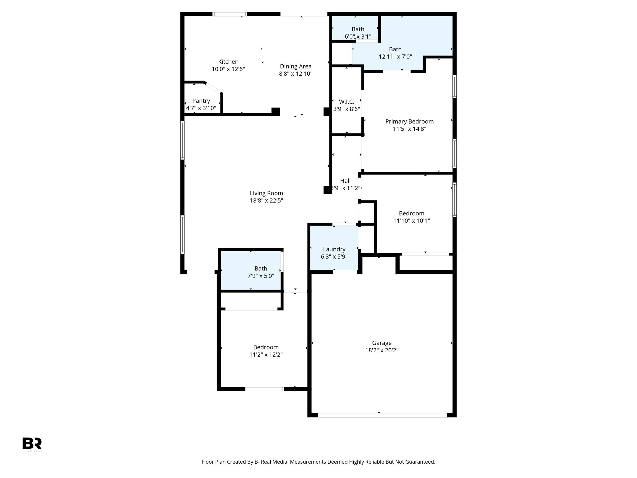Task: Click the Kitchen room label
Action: (x=228, y=62)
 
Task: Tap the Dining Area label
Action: (x=295, y=66)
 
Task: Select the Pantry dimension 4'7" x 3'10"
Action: (x=201, y=108)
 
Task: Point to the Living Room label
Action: (x=266, y=193)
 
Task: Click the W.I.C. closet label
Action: (x=346, y=102)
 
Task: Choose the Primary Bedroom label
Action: (x=409, y=121)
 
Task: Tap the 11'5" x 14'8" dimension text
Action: (x=409, y=129)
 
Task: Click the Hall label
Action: (x=345, y=180)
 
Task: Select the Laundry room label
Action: (x=334, y=249)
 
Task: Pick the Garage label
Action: (x=382, y=343)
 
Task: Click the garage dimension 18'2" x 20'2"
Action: (x=382, y=350)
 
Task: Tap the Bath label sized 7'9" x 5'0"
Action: (x=261, y=269)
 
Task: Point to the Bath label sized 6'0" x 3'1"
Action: (x=358, y=29)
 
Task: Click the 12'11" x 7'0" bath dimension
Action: (x=395, y=57)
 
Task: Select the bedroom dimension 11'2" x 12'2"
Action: (x=266, y=354)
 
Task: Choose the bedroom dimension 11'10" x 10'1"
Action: (x=411, y=221)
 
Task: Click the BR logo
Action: (x=32, y=443)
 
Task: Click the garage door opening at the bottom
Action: (x=382, y=415)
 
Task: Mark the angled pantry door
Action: (x=213, y=88)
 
